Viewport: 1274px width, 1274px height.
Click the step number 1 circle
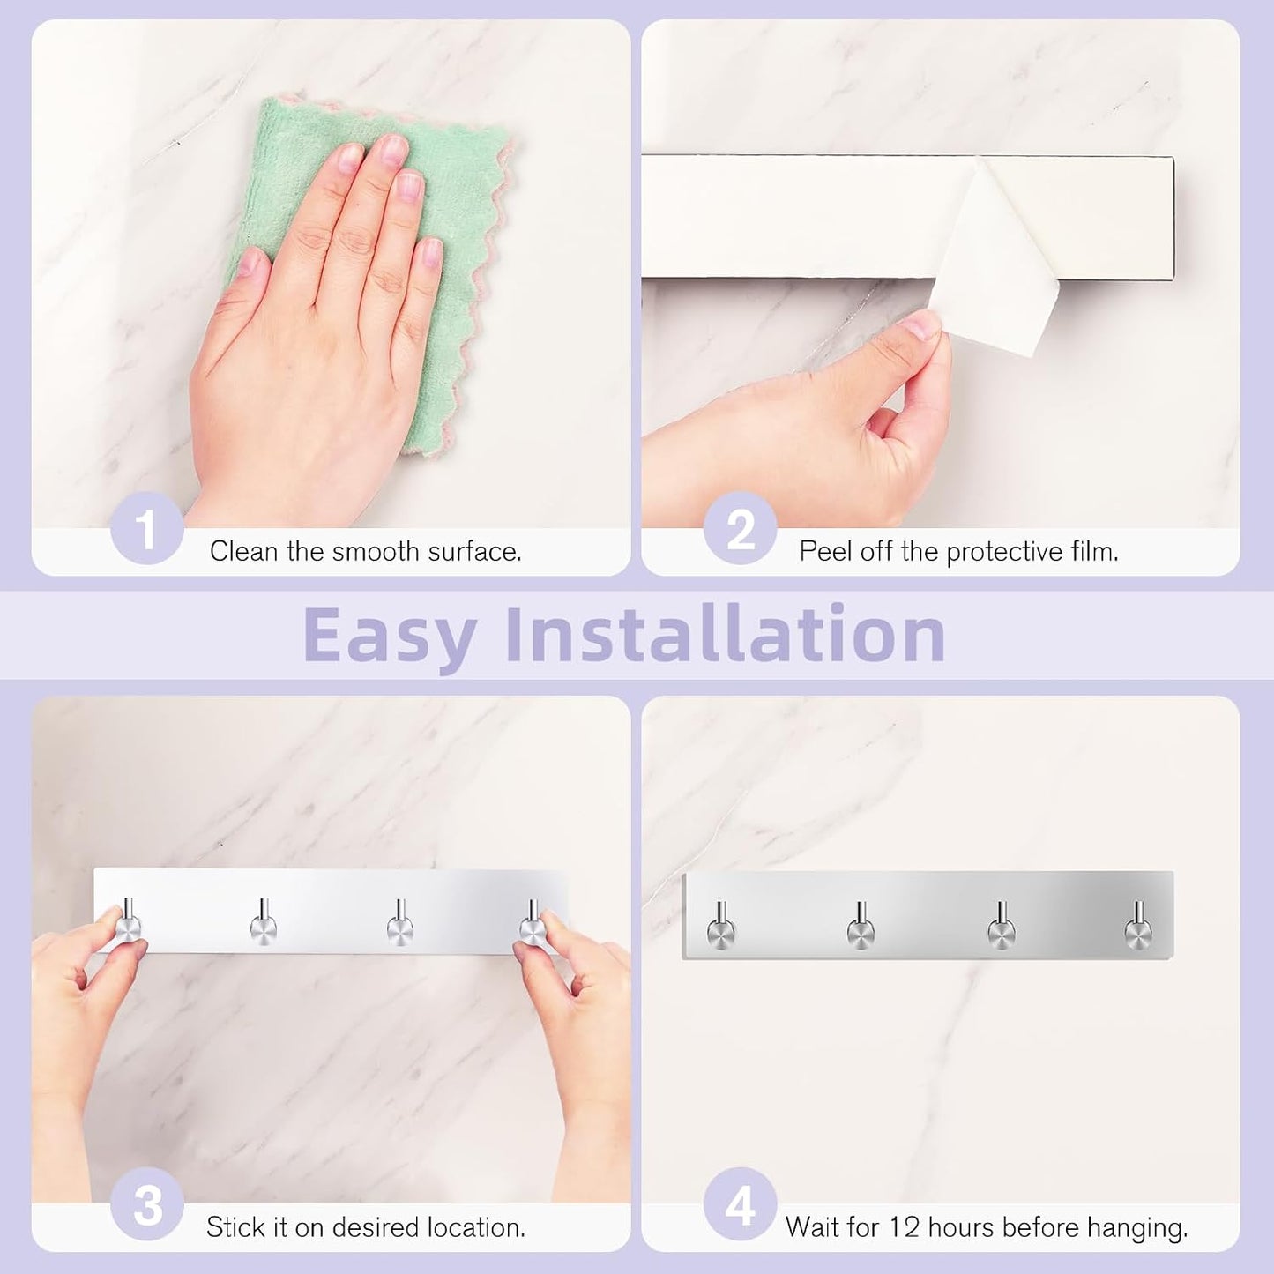coord(146,528)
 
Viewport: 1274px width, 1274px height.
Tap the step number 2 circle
coord(741,528)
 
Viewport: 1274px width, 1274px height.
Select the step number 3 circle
coord(146,1205)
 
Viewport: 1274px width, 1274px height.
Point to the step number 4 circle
coord(741,1205)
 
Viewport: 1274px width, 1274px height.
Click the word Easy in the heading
coord(390,636)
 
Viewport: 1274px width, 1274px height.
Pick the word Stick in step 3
coord(235,1228)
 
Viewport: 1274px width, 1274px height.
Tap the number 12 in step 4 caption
coord(903,1228)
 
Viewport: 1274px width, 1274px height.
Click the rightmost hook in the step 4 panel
coord(1138,924)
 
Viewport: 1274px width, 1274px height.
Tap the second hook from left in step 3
coord(264,921)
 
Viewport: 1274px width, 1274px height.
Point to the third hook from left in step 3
coord(400,921)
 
